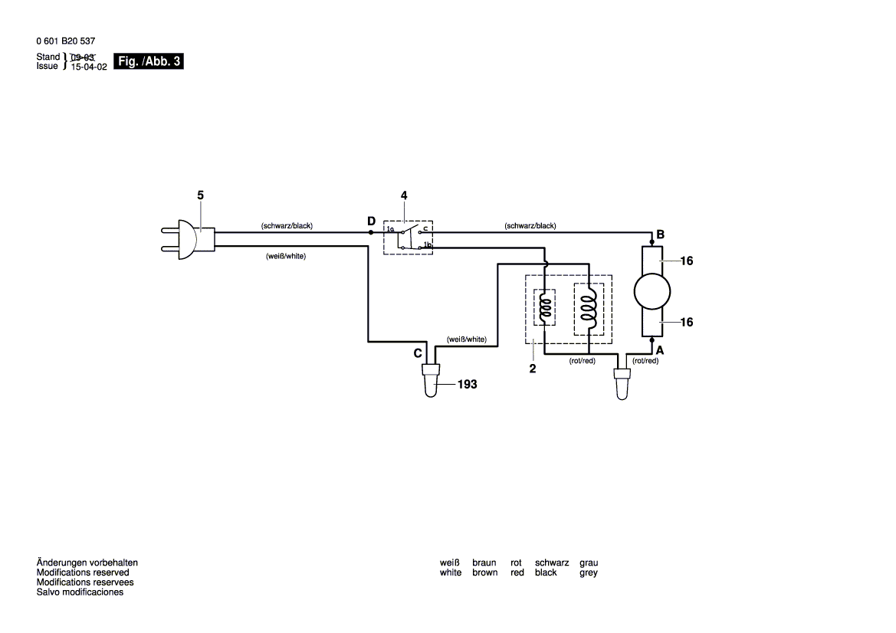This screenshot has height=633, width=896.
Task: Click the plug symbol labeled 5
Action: (187, 237)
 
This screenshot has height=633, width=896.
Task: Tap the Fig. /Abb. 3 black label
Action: (148, 61)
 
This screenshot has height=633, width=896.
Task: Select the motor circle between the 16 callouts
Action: (652, 291)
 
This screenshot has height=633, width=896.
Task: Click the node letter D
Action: (371, 221)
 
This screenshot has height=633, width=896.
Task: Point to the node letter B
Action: (660, 234)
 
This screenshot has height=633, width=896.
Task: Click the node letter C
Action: (418, 353)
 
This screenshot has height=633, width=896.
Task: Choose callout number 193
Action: (467, 385)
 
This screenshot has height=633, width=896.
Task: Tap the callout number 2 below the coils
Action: (533, 369)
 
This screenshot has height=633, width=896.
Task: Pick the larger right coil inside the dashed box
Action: (588, 308)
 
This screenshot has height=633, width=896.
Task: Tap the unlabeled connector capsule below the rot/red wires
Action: (622, 384)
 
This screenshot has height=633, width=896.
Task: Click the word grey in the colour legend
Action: (589, 572)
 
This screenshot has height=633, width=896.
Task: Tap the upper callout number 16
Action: (686, 261)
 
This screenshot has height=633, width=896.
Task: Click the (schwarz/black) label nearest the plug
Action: (287, 226)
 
